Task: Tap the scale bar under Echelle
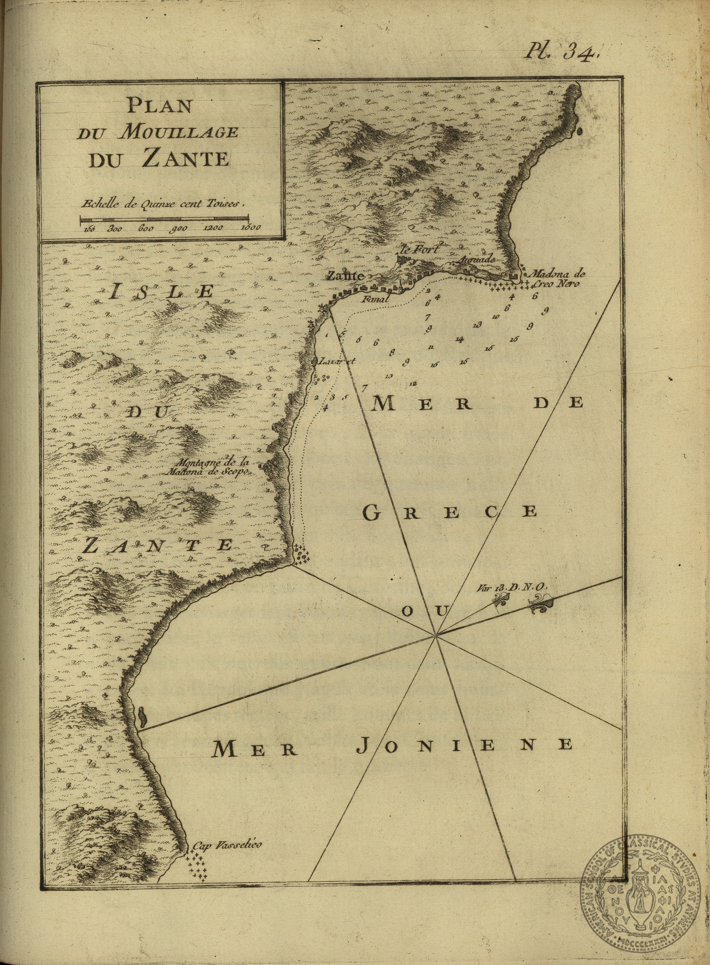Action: [x=164, y=218]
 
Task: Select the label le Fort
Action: [x=419, y=249]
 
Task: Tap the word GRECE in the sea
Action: [x=449, y=512]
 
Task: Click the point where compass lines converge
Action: [x=436, y=636]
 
